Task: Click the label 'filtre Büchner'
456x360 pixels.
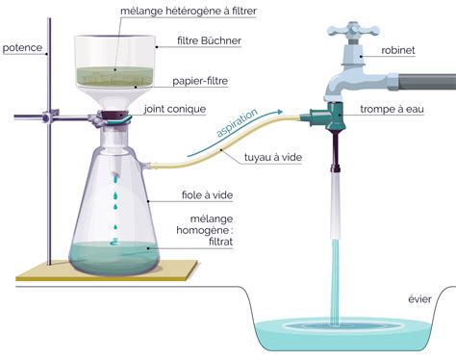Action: pos(208,41)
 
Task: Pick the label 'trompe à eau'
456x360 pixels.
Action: pos(399,109)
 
